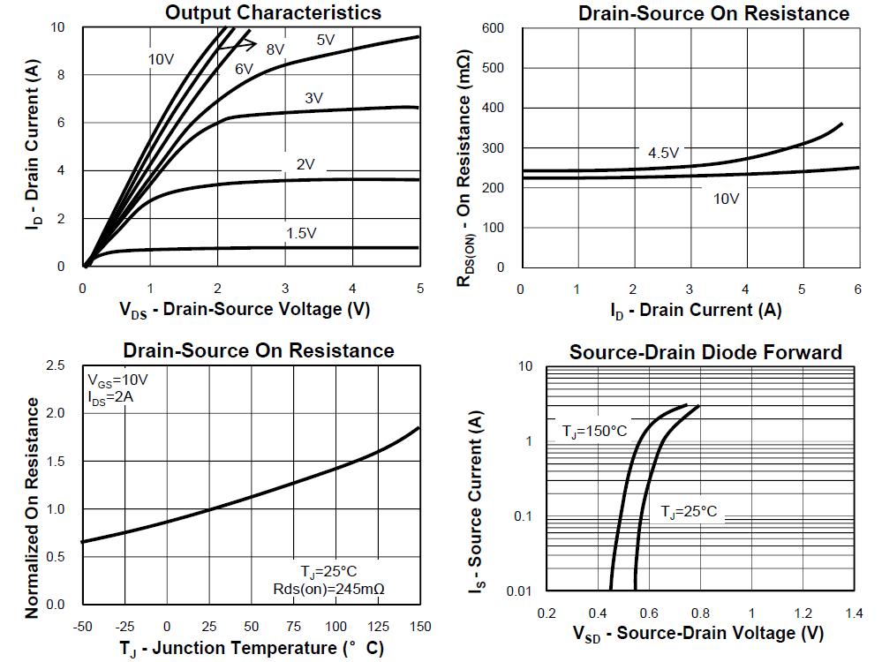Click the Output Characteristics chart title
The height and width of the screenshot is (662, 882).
coord(274,12)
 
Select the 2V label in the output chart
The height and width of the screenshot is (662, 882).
coord(305,164)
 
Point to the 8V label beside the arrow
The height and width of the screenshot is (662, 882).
coord(275,49)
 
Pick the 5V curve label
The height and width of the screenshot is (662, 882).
coord(326,40)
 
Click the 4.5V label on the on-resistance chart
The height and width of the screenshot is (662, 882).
coord(663,153)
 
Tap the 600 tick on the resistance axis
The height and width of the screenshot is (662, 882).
coord(494,28)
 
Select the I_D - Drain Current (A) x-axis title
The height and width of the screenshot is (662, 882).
coord(696,310)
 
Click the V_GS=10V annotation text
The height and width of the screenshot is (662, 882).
coord(117,380)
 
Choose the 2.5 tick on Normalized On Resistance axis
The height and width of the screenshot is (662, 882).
coord(55,365)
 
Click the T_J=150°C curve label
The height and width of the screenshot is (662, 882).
coord(594,432)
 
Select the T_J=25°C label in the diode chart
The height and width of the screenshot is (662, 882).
coord(690,512)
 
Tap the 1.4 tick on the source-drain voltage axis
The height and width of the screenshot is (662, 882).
coord(854,613)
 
